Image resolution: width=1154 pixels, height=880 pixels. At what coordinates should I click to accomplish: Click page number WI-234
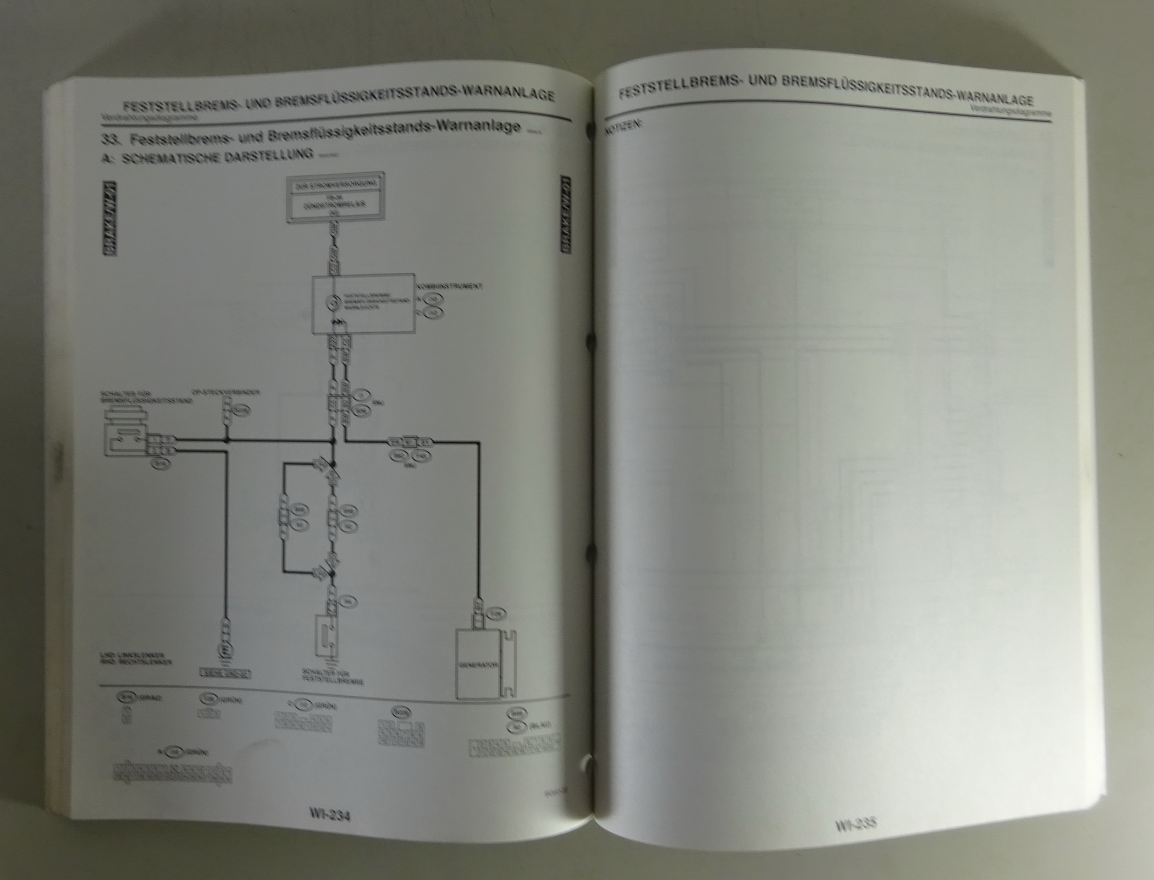330,816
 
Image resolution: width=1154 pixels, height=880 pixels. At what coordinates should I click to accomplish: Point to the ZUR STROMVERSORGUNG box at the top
336,186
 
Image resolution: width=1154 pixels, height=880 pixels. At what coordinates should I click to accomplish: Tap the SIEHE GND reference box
225,673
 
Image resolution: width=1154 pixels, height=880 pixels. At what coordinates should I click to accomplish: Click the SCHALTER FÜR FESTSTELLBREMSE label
333,676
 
